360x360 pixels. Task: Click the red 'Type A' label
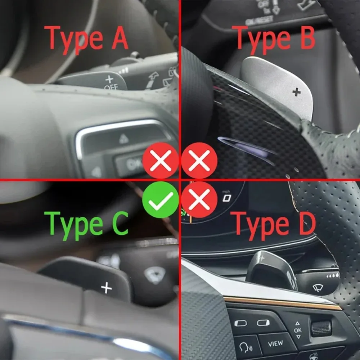click(86, 38)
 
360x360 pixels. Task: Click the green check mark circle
click(161, 199)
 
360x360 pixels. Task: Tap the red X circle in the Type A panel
click(161, 161)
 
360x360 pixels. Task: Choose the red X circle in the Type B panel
click(199, 161)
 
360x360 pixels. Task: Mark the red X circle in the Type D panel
click(199, 199)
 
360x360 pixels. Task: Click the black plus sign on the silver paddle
click(296, 93)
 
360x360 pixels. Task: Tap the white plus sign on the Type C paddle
click(106, 288)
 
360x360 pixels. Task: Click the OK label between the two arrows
click(298, 330)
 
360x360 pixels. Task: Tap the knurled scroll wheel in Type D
click(321, 328)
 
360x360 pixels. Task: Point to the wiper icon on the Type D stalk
click(318, 288)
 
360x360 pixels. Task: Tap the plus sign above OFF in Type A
click(109, 79)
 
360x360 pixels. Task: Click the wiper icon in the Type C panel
click(154, 274)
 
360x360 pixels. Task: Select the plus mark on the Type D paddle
click(262, 258)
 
